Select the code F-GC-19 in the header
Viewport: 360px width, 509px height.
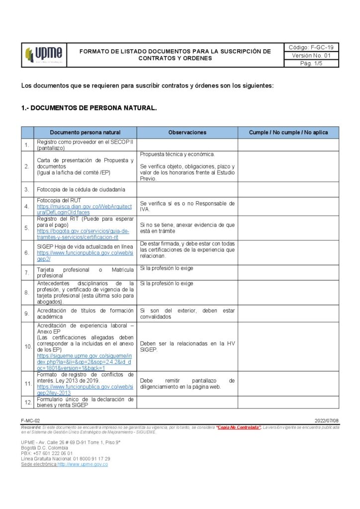(311, 47)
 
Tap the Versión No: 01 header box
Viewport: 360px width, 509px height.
(311, 56)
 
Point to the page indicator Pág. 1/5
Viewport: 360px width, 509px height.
(311, 64)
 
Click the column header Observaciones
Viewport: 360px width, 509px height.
(187, 133)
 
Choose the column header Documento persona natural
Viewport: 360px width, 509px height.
(85, 133)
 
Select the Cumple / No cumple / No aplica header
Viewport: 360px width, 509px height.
(288, 133)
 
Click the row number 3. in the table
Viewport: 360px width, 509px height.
(27, 189)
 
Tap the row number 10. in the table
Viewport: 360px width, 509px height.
(27, 346)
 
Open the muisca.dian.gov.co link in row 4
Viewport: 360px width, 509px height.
(85, 209)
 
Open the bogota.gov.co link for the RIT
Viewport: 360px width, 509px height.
(83, 234)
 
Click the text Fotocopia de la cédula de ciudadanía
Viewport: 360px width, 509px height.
(81, 189)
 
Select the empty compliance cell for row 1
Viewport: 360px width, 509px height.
(288, 145)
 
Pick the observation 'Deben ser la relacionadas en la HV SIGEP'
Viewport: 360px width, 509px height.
(187, 346)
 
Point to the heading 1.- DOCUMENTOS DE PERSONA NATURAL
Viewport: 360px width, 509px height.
(89, 108)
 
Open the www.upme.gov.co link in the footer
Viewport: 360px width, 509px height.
(83, 464)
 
